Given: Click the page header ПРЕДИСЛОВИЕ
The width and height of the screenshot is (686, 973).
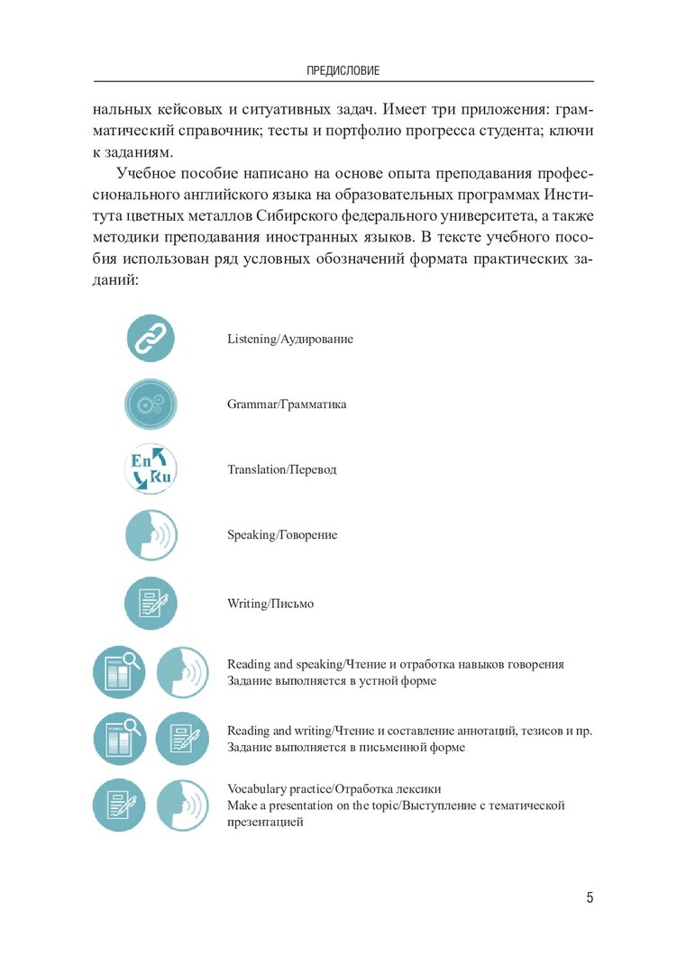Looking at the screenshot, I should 343,69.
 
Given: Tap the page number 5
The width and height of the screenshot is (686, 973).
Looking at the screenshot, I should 590,898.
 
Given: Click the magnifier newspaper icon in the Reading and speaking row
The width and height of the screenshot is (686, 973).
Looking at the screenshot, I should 119,672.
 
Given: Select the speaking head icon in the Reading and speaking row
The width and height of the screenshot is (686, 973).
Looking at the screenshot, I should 183,672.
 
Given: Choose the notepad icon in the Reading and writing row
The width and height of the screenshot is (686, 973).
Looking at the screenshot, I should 183,739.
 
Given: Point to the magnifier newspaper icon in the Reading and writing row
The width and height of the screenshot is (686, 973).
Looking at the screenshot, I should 119,739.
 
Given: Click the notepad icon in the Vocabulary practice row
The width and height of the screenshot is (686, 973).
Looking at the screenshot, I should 119,805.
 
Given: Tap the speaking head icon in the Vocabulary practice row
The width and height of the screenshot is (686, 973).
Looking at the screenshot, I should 183,805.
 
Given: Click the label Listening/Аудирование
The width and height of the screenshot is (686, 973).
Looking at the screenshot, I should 290,340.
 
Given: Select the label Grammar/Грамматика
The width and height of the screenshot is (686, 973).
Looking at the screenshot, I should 287,405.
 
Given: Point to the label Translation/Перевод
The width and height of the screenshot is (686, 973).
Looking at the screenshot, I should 282,470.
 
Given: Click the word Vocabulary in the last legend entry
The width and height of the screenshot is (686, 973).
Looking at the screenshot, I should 255,790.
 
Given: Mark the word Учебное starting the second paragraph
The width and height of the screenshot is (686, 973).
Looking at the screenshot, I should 144,173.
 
